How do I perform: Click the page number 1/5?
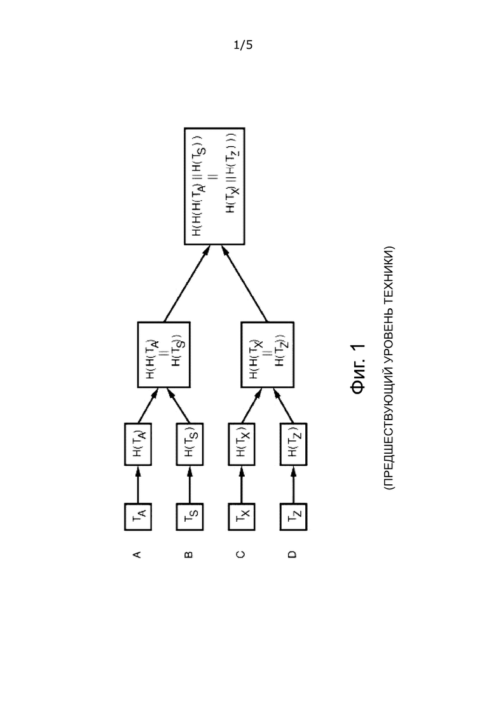(243, 44)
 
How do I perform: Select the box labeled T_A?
(138, 517)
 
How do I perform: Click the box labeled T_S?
(189, 517)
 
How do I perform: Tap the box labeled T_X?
(242, 517)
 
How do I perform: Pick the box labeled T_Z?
(293, 517)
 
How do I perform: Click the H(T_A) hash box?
(138, 444)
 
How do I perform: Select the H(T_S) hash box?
(189, 444)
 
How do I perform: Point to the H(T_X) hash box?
(242, 444)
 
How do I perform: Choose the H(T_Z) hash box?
(293, 444)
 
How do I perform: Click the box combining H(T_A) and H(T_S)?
(163, 355)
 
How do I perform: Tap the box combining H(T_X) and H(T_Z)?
(268, 355)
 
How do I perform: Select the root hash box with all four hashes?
(215, 186)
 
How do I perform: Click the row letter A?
(138, 554)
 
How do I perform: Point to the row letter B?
(189, 554)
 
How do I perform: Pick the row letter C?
(242, 554)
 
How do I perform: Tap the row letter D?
(293, 554)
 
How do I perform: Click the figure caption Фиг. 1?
(359, 369)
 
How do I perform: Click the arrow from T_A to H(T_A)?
(138, 485)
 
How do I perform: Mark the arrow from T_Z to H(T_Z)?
(293, 485)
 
